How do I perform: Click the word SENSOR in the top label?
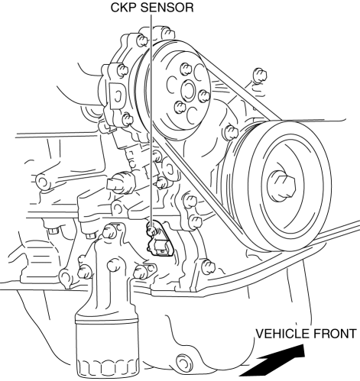(167, 8)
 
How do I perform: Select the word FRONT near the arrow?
(332, 334)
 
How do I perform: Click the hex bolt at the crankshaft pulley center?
(281, 185)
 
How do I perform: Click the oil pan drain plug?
(183, 361)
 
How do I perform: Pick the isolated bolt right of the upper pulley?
(260, 76)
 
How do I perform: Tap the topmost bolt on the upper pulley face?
(186, 69)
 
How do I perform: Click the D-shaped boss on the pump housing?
(117, 96)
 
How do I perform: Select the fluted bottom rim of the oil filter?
(108, 368)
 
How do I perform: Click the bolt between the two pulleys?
(232, 132)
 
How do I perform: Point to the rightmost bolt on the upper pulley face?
(205, 96)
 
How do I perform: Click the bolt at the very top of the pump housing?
(167, 33)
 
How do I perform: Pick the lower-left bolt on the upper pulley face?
(180, 107)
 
